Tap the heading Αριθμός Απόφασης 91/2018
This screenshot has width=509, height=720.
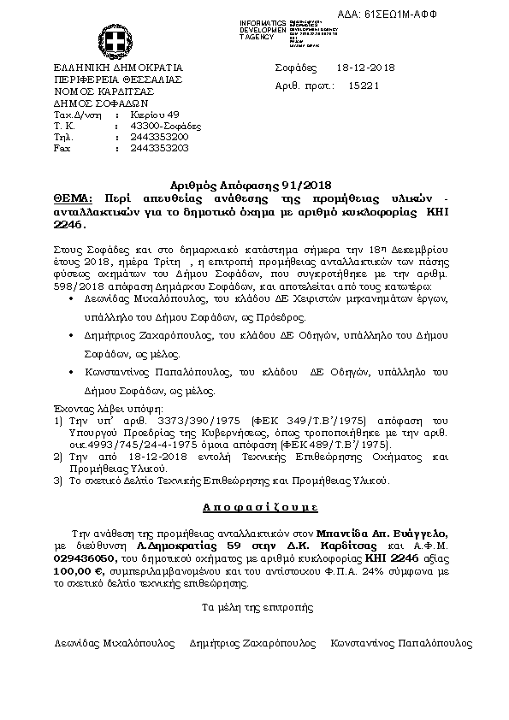coord(255,185)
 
